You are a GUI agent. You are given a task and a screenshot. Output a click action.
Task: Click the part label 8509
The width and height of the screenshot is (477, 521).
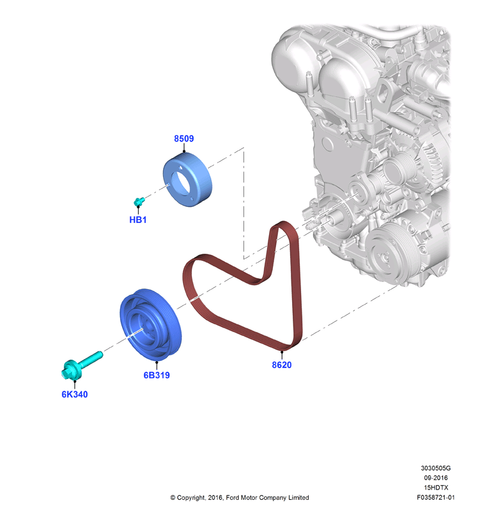[184, 139]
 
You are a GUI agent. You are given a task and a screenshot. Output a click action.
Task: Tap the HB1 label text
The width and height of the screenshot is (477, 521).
[138, 220]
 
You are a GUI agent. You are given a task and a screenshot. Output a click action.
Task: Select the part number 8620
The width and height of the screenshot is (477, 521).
[282, 365]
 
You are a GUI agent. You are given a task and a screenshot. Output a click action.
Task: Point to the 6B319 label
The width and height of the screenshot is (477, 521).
[157, 375]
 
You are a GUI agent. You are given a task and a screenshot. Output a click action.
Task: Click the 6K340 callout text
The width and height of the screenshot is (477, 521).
[74, 394]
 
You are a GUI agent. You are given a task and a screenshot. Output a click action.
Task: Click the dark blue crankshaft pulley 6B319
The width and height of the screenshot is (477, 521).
[150, 324]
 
